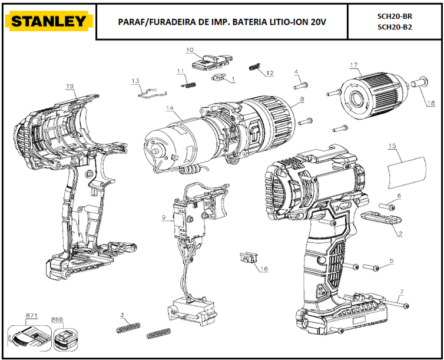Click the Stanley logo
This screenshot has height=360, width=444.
(x=49, y=22)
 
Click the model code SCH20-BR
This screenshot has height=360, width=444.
(x=394, y=16)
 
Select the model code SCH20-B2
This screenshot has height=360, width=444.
(x=394, y=27)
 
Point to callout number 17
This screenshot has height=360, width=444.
(x=354, y=65)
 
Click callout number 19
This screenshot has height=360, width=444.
(x=69, y=87)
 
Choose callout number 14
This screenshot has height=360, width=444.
(x=170, y=108)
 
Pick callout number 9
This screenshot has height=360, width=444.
(x=164, y=217)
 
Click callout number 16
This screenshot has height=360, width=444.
(x=264, y=269)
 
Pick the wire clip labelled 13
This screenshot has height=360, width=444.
(x=151, y=90)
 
